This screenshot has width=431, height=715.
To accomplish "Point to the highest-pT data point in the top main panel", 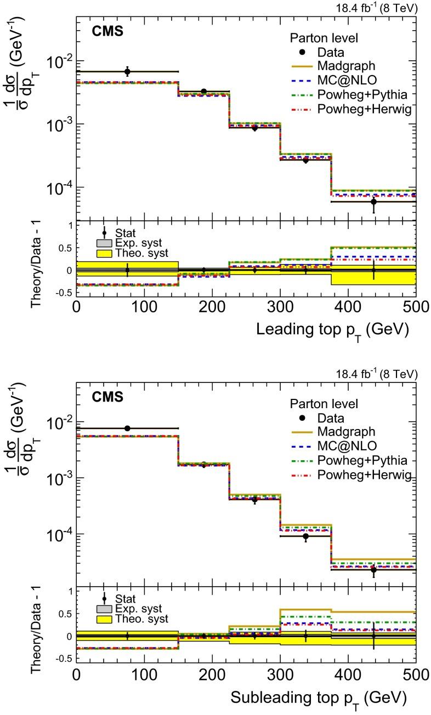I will pos(373,202).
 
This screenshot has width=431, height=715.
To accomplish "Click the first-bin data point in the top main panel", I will pos(127,72).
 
